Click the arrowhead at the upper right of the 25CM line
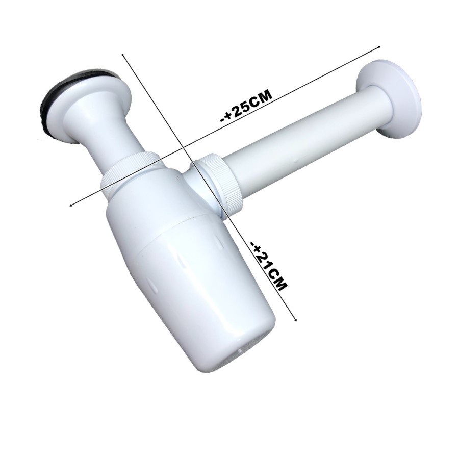[x=379, y=46]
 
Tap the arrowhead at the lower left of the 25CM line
[x=70, y=205]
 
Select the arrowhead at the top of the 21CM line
[x=122, y=55]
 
